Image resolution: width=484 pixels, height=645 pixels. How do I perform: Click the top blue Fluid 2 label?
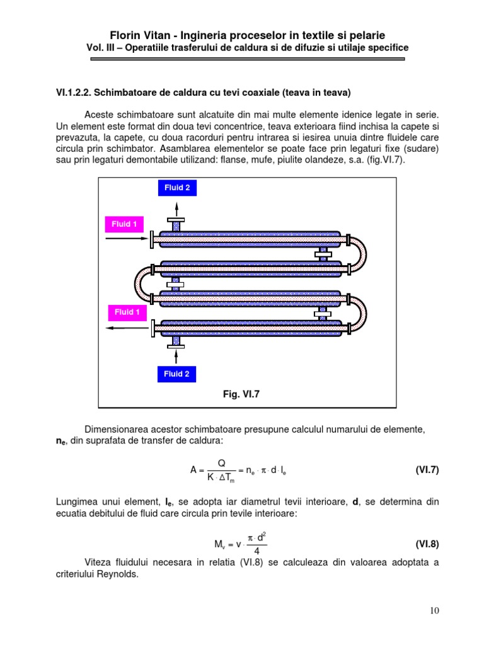pos(176,188)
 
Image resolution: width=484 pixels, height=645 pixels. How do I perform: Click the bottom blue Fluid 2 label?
pos(176,374)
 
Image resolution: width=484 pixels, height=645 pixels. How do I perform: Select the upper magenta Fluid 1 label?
pos(124,224)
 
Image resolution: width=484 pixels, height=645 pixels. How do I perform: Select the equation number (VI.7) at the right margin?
pos(426,470)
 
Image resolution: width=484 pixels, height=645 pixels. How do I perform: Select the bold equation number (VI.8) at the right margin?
pos(426,544)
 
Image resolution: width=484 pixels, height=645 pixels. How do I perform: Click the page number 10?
pos(434,610)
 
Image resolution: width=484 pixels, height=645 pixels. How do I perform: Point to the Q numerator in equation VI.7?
pos(222,463)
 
